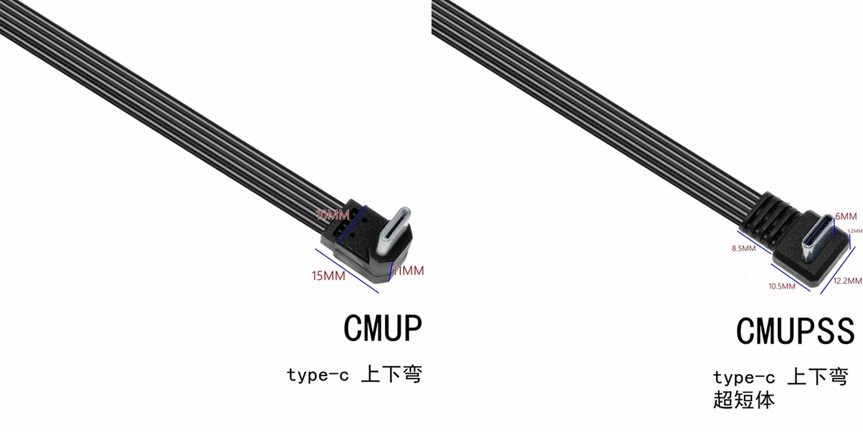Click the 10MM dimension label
click(x=333, y=215)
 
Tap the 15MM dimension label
click(x=329, y=276)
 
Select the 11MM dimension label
click(x=408, y=271)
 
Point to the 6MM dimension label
click(x=846, y=217)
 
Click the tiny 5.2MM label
click(x=855, y=231)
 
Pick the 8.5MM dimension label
click(x=743, y=248)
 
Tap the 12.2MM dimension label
click(x=847, y=281)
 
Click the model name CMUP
click(x=383, y=329)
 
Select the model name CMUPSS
click(x=795, y=331)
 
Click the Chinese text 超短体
click(x=744, y=400)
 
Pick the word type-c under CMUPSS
click(x=744, y=378)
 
